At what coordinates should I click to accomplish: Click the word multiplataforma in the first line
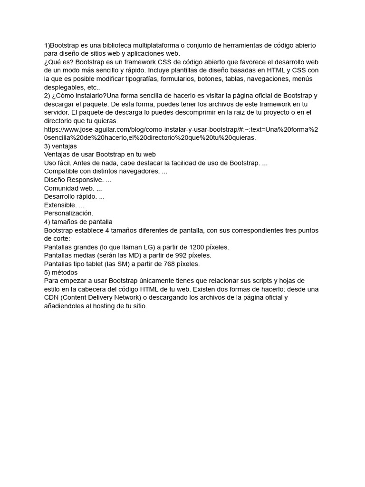[159, 45]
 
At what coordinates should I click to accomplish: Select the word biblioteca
[116, 45]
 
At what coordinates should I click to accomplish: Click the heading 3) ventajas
[60, 146]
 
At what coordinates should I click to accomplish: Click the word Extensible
[60, 205]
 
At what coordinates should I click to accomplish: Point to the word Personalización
[68, 214]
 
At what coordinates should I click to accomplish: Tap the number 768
[172, 264]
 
